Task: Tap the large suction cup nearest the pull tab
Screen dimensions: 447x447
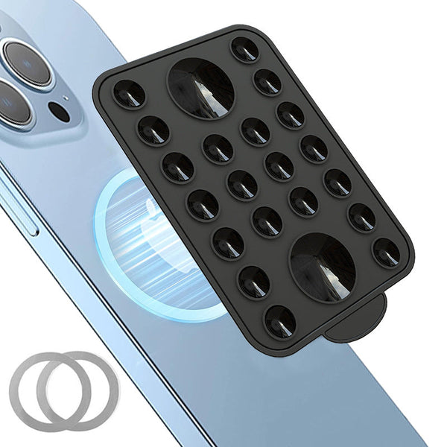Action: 322,267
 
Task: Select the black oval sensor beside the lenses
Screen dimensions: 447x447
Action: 59,113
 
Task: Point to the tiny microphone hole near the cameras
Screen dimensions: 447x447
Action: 65,97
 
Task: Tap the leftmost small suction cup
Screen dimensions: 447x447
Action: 129,94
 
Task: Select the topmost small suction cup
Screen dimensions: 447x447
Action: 244,50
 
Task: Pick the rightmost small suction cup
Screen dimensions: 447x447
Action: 386,252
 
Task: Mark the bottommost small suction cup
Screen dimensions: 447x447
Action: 280,320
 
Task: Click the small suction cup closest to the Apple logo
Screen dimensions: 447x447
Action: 203,205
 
